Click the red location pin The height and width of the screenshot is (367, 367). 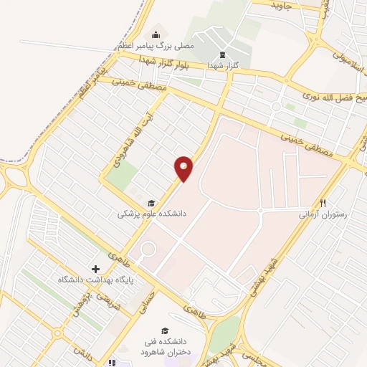pos(185,168)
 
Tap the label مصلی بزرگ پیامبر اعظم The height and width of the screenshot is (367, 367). pos(156,45)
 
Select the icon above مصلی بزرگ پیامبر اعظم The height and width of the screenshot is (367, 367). pos(156,34)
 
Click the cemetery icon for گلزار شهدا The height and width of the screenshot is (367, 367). pos(222,54)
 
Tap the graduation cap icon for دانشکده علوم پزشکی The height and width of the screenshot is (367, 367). pos(151,203)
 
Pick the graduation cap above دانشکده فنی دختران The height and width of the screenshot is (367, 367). pos(166,330)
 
